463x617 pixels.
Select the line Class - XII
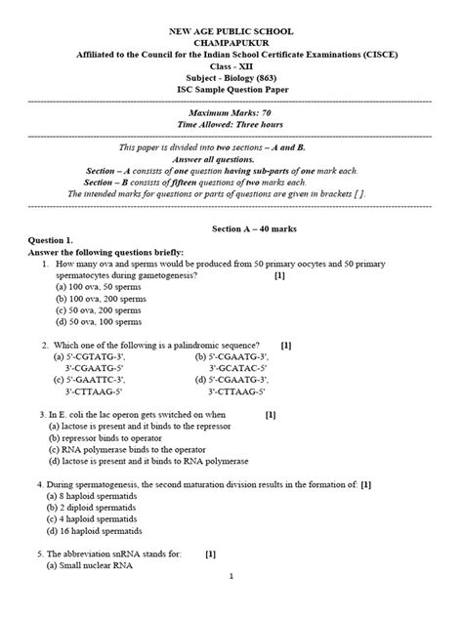coord(231,60)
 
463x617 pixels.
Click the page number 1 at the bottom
coord(231,603)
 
